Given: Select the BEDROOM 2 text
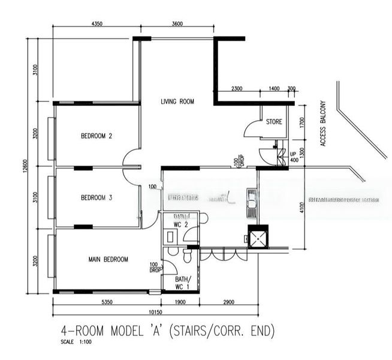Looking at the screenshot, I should coord(97,136).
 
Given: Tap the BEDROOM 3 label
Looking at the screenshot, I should coord(97,197).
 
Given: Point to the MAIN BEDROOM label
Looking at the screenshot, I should coord(108,259).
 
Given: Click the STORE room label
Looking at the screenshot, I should coord(274,122).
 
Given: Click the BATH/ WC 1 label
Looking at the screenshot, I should coord(182,283).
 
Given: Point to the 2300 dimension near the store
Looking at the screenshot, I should coord(236,89).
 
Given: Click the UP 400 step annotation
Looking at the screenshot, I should coord(294,156).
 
